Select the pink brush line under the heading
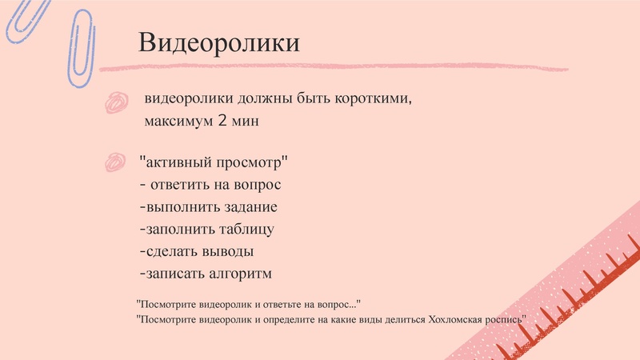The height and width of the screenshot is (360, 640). tap(336, 67)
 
